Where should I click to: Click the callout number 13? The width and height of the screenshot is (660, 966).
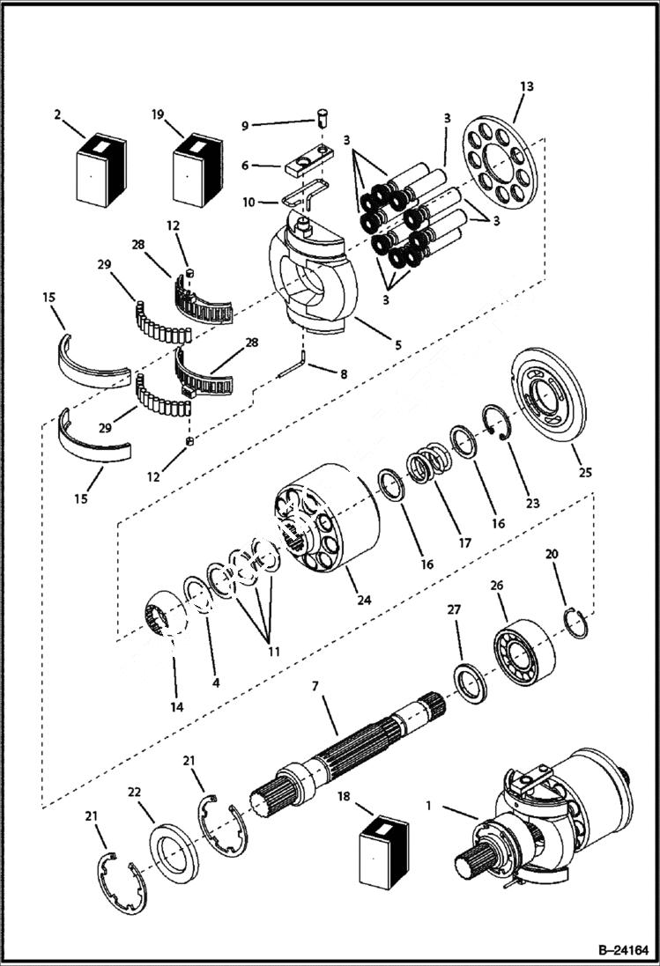coord(527,86)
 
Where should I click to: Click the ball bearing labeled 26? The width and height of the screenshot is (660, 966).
coord(525,648)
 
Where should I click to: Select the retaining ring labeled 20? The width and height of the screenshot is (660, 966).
coord(575,623)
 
